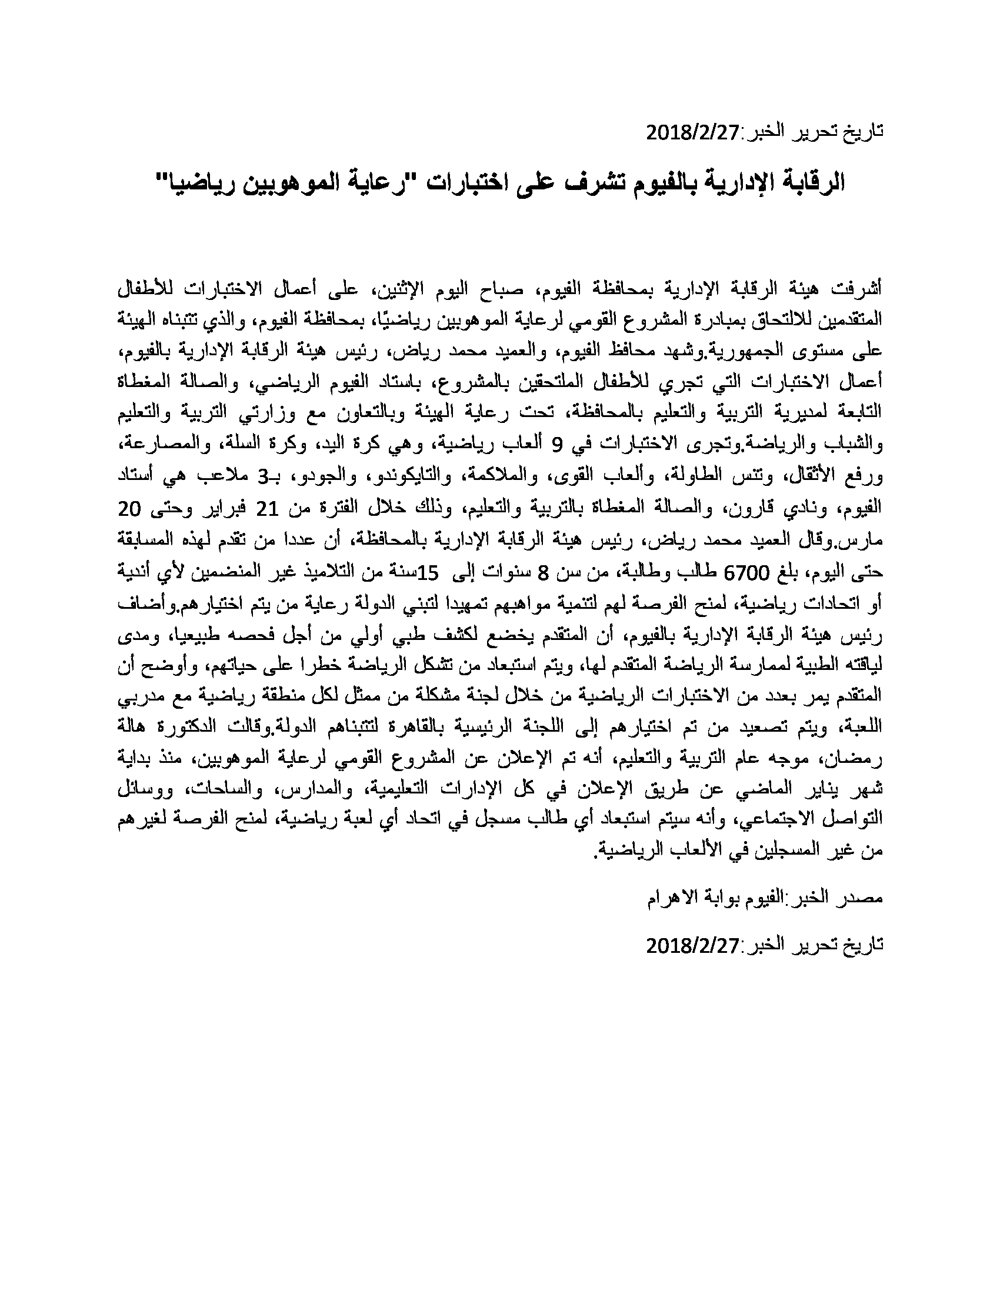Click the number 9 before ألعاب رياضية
click(x=555, y=444)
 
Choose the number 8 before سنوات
click(x=544, y=572)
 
